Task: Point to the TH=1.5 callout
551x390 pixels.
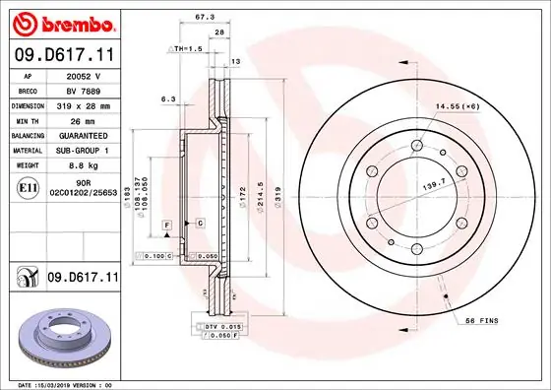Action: tap(187, 47)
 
